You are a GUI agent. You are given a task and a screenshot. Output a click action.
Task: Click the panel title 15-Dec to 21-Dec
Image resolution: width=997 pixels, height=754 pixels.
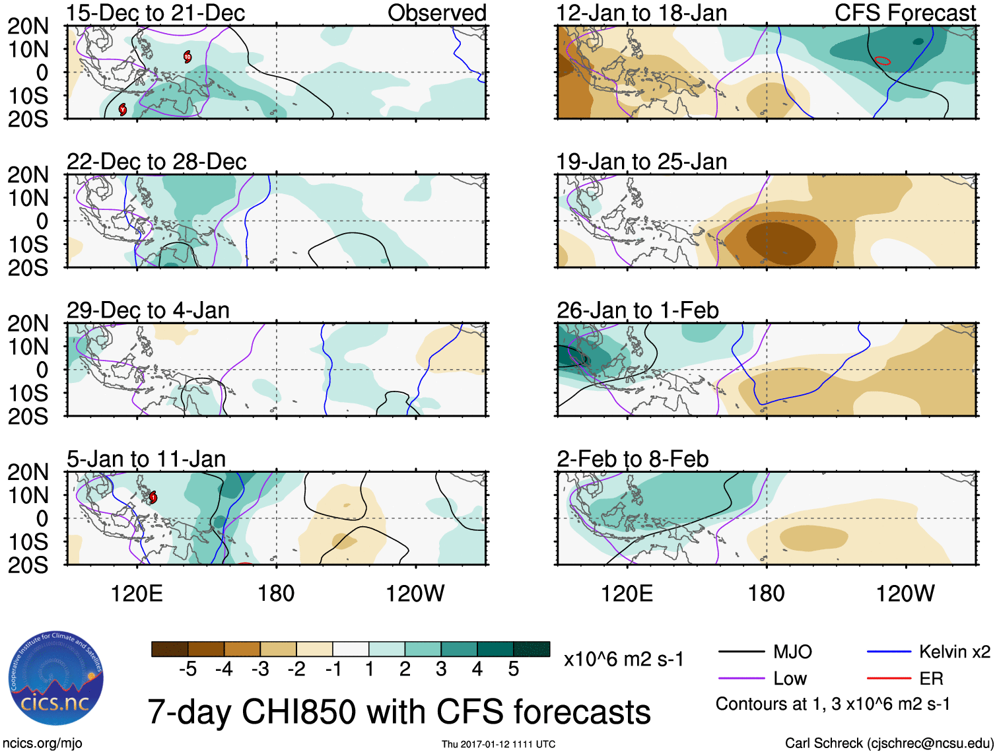pyautogui.click(x=156, y=13)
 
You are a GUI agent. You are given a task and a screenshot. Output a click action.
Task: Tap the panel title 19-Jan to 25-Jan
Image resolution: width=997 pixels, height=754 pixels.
pyautogui.click(x=641, y=162)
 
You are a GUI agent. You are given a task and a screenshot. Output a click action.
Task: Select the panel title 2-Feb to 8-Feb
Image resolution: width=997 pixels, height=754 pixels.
pyautogui.click(x=633, y=459)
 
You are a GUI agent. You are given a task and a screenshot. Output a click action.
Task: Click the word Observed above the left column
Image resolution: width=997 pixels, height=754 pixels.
pyautogui.click(x=436, y=13)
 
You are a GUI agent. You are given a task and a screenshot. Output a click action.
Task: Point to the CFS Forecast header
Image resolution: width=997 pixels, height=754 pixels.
pyautogui.click(x=905, y=13)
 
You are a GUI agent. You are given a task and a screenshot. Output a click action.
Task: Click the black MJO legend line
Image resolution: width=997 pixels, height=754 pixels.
pyautogui.click(x=741, y=652)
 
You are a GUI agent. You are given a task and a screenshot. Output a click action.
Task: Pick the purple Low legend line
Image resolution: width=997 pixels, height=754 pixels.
pyautogui.click(x=741, y=678)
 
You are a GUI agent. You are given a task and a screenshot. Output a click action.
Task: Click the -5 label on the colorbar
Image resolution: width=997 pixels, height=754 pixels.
pyautogui.click(x=188, y=669)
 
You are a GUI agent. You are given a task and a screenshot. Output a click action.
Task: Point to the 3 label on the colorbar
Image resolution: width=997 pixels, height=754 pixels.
pyautogui.click(x=441, y=669)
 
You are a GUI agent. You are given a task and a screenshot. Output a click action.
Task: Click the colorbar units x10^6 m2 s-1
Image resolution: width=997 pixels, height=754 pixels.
pyautogui.click(x=623, y=659)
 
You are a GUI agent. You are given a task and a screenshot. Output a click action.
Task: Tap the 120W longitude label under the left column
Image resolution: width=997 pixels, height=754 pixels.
pyautogui.click(x=415, y=594)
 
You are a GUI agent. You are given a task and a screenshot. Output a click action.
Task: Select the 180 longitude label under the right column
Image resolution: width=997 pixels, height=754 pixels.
pyautogui.click(x=766, y=594)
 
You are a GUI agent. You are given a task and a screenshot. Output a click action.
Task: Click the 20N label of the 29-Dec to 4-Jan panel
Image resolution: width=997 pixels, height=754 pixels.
pyautogui.click(x=28, y=324)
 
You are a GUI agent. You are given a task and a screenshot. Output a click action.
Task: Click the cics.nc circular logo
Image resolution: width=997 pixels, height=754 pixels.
pyautogui.click(x=56, y=678)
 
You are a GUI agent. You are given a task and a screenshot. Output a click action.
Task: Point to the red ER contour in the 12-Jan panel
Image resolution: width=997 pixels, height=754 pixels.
pyautogui.click(x=883, y=61)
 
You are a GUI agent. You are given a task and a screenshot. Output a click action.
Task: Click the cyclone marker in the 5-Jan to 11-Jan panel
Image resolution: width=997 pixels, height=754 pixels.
pyautogui.click(x=153, y=497)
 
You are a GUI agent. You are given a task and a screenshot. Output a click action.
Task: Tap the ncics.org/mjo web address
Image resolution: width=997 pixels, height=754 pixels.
pyautogui.click(x=42, y=743)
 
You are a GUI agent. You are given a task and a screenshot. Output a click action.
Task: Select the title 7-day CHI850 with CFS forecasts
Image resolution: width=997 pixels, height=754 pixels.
pyautogui.click(x=399, y=712)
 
